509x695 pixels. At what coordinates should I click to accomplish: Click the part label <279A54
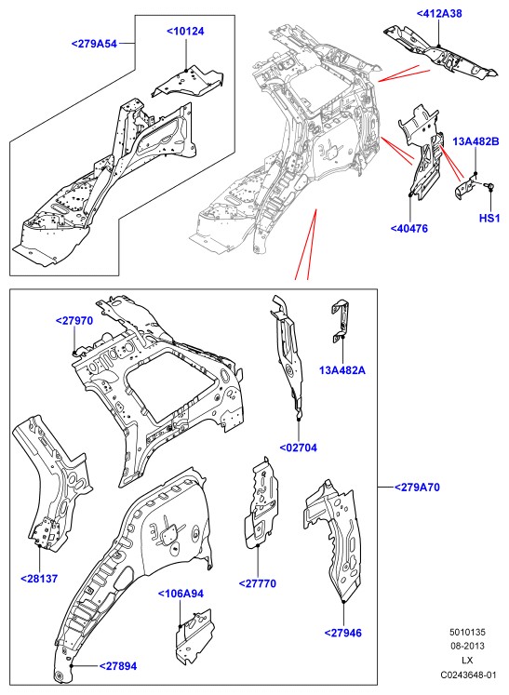pos(94,44)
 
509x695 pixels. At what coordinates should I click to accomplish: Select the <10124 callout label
pos(185,31)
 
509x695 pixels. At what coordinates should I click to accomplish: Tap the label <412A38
pos(439,13)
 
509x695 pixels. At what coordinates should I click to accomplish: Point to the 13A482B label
pos(476,141)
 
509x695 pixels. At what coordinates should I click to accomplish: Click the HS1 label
pos(489,218)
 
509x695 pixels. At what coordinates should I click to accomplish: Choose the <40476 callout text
pos(409,228)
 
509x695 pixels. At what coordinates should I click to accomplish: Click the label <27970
pos(74,320)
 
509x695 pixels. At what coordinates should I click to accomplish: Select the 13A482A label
pos(342,369)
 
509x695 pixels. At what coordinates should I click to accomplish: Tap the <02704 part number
pos(299,448)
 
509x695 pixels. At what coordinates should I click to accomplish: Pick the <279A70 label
pos(417,488)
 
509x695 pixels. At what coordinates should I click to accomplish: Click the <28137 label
pos(39,579)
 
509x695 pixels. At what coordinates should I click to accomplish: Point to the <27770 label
pos(257,583)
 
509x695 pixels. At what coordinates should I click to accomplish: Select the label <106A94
pos(181,593)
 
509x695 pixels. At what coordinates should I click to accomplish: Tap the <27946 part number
pos(343,633)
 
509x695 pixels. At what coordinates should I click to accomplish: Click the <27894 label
pos(118,666)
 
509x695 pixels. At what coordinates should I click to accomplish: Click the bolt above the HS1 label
pos(490,187)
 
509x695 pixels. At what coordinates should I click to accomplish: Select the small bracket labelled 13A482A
pos(340,321)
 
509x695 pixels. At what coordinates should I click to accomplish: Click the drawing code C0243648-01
pos(468,675)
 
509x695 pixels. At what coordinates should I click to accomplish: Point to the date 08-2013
pos(468,646)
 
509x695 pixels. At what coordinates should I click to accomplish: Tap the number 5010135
pos(468,632)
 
